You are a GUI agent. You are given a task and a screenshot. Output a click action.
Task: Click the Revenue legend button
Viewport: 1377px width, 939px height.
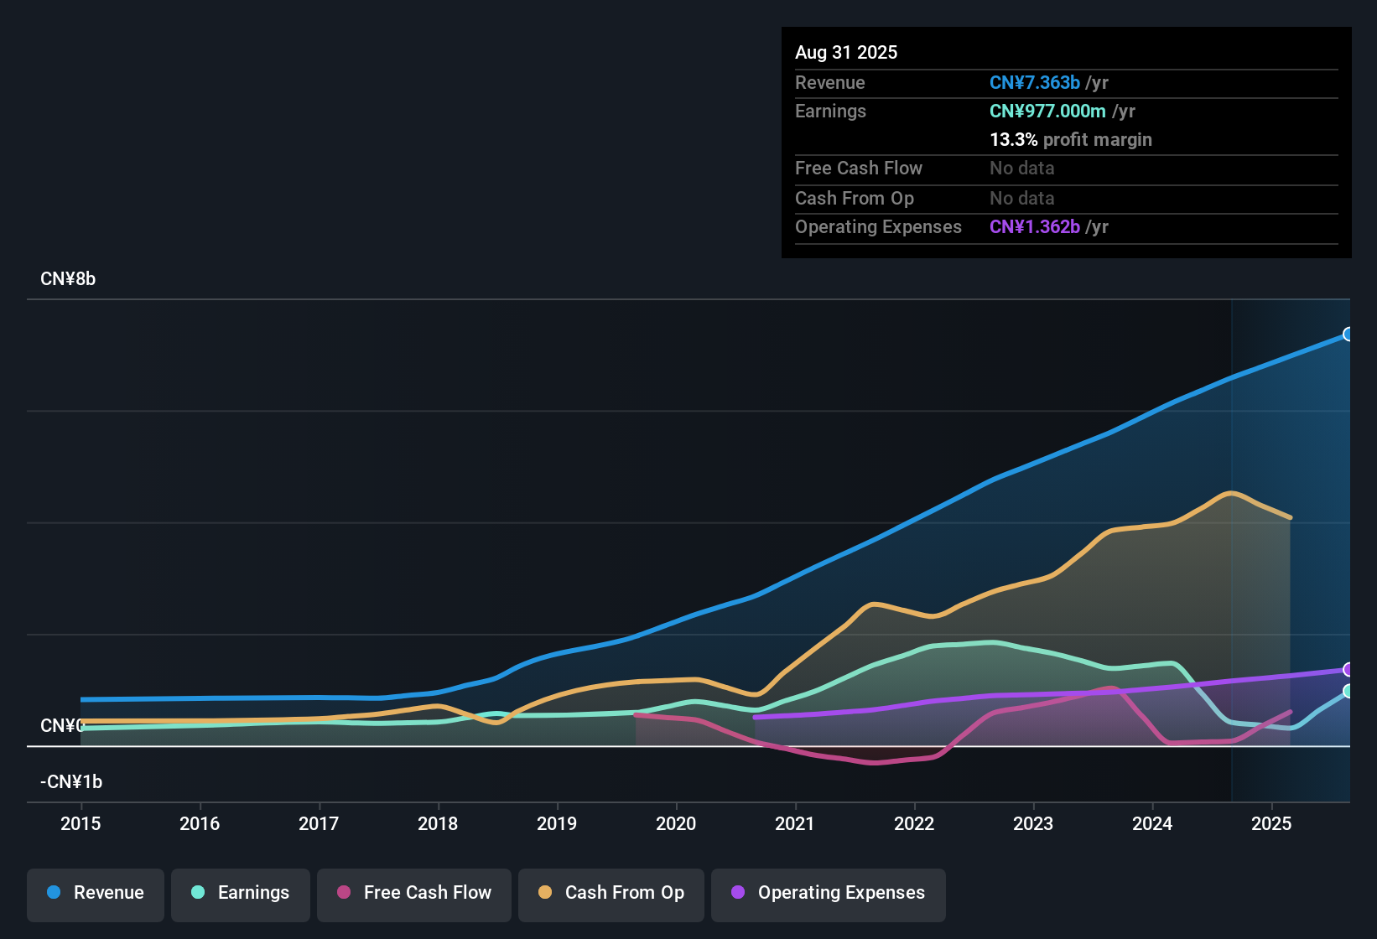(96, 893)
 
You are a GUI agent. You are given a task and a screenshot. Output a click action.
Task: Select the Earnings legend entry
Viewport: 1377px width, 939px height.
(241, 893)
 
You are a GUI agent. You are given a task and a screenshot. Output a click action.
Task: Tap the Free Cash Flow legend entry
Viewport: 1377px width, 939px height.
(414, 893)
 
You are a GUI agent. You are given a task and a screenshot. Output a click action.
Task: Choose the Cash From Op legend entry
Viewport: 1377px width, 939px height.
(611, 893)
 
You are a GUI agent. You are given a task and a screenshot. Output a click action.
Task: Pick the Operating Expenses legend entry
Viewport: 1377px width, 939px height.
(829, 893)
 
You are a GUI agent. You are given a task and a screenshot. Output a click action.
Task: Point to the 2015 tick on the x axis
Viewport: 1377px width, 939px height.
(81, 823)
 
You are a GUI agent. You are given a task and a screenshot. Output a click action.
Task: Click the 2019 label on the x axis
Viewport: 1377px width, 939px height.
(557, 823)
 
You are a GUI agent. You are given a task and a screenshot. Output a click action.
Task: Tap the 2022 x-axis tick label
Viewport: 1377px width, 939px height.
(914, 823)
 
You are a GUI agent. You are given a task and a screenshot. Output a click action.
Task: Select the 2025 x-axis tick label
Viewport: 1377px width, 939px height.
(1271, 823)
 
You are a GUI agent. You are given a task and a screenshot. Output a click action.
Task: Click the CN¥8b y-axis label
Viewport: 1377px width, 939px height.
(68, 279)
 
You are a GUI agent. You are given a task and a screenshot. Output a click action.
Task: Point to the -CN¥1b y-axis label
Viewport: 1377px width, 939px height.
(71, 782)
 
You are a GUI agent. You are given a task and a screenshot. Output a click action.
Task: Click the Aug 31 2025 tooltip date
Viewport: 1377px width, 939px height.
(846, 53)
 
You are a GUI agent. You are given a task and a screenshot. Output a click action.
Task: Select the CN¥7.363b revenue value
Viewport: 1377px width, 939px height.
(1035, 83)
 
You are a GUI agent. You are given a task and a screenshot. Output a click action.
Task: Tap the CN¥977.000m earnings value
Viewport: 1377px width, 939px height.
(1047, 112)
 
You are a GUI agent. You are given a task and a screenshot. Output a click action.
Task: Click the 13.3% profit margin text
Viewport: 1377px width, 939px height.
(1070, 140)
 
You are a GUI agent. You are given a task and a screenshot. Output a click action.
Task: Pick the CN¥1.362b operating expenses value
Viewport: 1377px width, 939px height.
(1035, 227)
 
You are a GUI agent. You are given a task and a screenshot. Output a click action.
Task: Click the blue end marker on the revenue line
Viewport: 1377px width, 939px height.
(1348, 335)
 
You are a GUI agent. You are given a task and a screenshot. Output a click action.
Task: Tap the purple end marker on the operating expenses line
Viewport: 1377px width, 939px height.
(1348, 669)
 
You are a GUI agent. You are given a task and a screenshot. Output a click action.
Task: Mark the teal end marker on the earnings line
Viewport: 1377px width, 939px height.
(1348, 691)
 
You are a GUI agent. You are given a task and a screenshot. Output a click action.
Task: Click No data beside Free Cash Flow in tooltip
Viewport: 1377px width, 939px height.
(1021, 169)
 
